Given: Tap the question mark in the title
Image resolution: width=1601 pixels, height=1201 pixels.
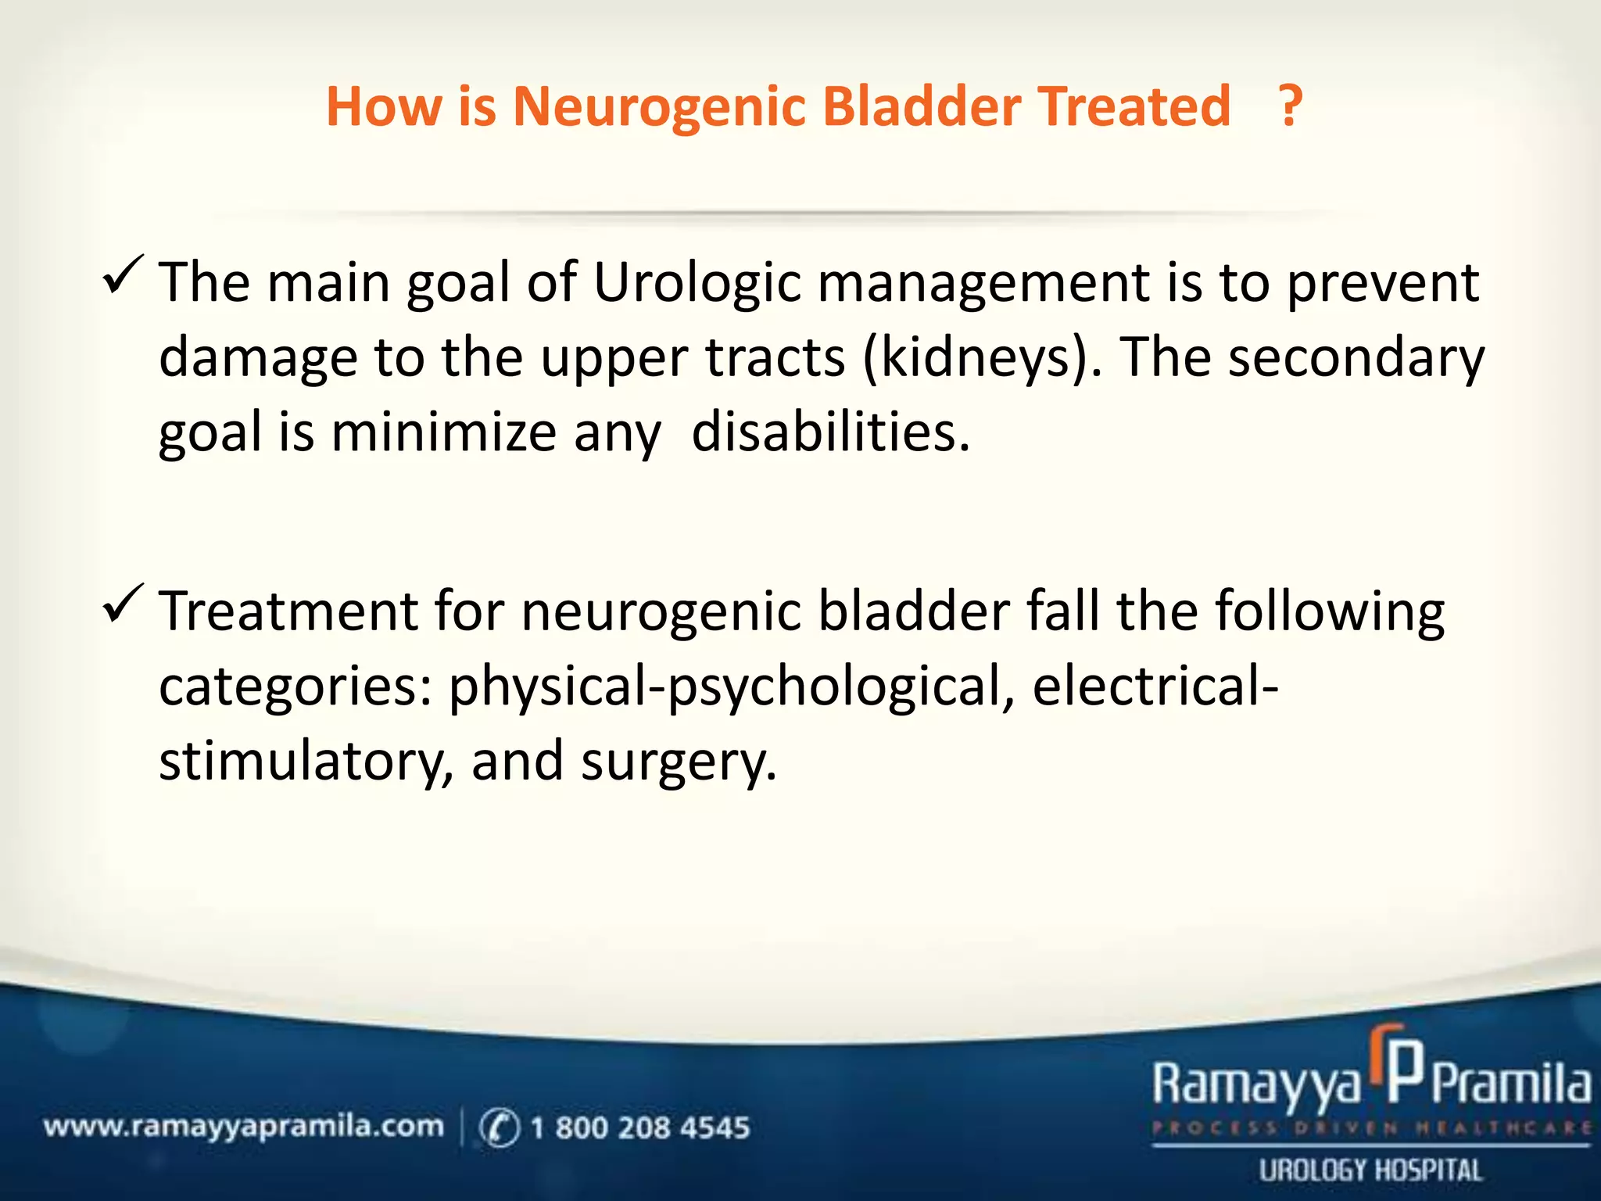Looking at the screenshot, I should tap(1290, 107).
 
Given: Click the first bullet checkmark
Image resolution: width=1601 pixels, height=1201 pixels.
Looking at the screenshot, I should tap(122, 274).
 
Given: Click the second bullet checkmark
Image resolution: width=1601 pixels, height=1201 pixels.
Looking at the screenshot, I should tap(122, 603).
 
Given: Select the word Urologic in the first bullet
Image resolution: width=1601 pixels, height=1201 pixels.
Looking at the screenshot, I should tap(697, 282).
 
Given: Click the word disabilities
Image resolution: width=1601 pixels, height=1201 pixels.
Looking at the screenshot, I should tap(830, 432).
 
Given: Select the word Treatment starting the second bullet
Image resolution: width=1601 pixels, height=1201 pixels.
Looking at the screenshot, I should tap(288, 611).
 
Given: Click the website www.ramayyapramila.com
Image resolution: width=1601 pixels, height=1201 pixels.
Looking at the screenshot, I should tap(243, 1127).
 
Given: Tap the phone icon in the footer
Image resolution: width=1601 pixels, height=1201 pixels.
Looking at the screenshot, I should tap(499, 1128).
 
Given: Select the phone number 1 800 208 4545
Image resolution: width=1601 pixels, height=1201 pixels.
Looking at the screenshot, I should tap(639, 1128).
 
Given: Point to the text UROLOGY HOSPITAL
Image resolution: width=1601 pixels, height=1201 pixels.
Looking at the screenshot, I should tap(1370, 1171).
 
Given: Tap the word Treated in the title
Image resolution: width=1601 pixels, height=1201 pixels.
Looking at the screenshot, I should tap(1134, 107).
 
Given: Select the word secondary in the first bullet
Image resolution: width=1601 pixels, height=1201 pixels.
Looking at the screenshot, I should tap(1356, 358).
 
